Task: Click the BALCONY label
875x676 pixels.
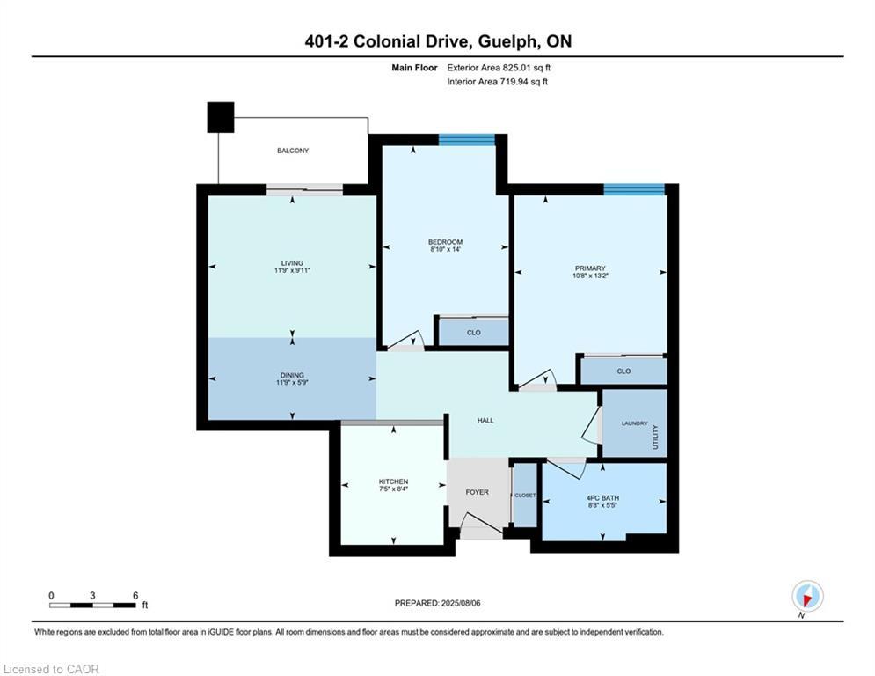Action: (x=293, y=151)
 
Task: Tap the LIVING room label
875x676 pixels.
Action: (x=292, y=262)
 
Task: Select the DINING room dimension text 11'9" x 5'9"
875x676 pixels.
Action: (x=292, y=384)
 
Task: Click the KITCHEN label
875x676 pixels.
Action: (x=393, y=481)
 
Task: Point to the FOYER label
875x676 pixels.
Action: (x=477, y=492)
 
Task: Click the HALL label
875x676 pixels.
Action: (x=485, y=421)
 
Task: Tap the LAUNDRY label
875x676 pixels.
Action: (x=634, y=423)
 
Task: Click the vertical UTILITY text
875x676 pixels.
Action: (x=655, y=437)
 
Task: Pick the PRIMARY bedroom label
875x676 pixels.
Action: (x=590, y=268)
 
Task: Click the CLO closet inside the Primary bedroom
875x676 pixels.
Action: (x=623, y=371)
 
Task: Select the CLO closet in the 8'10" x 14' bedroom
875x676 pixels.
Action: (x=473, y=333)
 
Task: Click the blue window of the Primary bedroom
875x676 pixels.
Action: (x=633, y=189)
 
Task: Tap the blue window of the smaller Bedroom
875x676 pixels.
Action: (x=467, y=139)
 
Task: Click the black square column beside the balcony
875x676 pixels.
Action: (x=221, y=117)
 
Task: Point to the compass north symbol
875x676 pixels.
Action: (x=806, y=597)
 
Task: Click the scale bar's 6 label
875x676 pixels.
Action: (x=135, y=595)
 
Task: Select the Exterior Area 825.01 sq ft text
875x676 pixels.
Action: (x=499, y=67)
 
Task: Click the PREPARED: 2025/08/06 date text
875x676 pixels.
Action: (x=437, y=603)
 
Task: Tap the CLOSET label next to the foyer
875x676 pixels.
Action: (x=525, y=496)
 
